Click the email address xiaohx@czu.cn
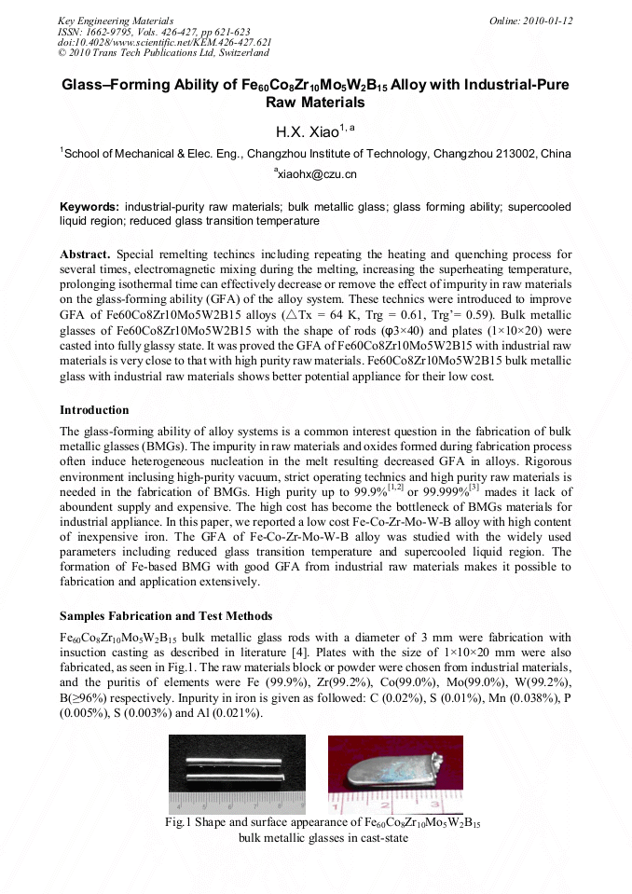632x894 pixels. click(x=317, y=174)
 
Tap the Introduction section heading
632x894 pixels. click(x=94, y=409)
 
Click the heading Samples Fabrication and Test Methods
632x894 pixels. click(x=166, y=616)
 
